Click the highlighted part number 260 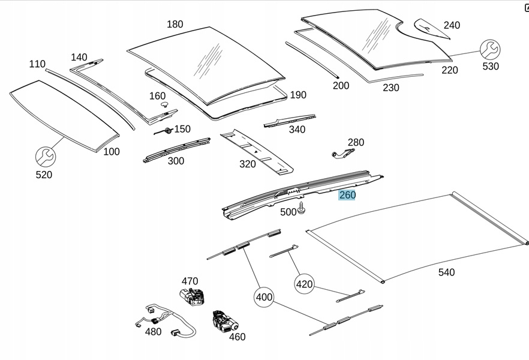click(x=347, y=195)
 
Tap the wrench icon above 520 click(x=45, y=157)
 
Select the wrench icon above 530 click(x=490, y=49)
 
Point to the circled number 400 click(x=264, y=296)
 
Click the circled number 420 click(x=305, y=284)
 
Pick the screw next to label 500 click(x=302, y=209)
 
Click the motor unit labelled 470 click(x=191, y=296)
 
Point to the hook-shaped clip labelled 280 click(x=342, y=154)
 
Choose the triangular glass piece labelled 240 click(x=432, y=28)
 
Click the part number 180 click(x=175, y=25)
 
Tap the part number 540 click(x=446, y=272)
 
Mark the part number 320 click(x=248, y=164)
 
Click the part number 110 click(x=37, y=64)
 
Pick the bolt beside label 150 click(x=167, y=130)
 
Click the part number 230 click(x=391, y=88)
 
